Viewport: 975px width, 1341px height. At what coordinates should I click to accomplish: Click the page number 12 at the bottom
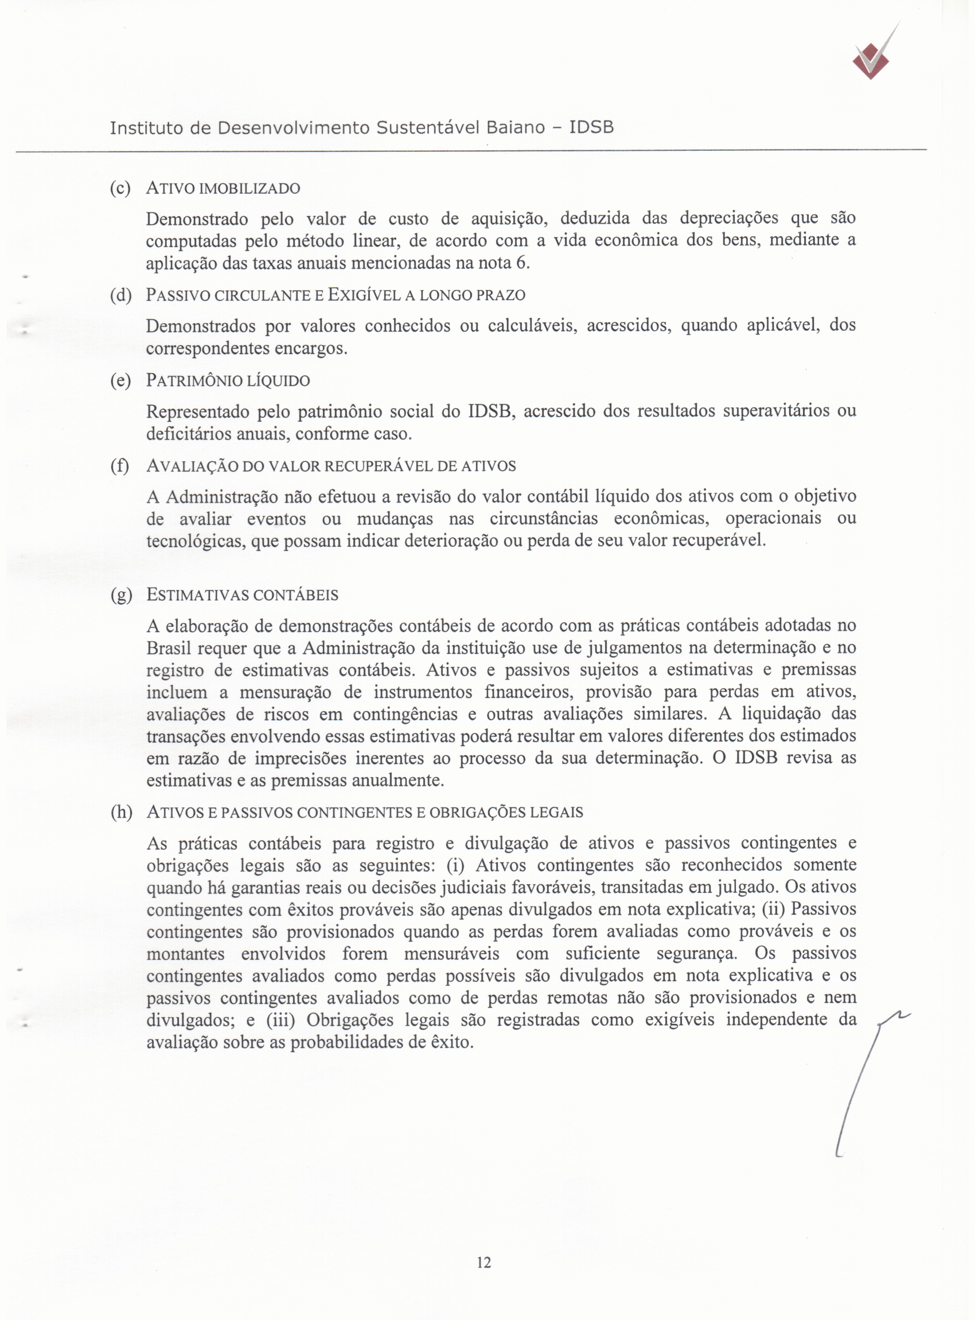tap(483, 1262)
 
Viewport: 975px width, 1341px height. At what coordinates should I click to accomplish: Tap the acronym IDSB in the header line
tap(591, 128)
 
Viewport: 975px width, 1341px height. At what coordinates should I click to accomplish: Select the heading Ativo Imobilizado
tap(223, 189)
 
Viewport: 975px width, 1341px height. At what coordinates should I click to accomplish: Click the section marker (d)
tap(120, 295)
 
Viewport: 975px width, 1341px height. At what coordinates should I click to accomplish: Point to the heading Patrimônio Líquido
tap(228, 380)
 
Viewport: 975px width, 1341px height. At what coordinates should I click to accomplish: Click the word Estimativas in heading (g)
tap(198, 595)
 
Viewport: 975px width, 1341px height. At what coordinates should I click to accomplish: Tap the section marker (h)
tap(121, 813)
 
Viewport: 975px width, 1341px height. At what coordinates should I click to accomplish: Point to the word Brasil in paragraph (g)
tap(168, 648)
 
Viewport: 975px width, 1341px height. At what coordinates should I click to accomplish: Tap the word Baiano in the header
tap(514, 128)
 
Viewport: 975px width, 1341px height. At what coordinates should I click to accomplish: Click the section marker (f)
tap(120, 466)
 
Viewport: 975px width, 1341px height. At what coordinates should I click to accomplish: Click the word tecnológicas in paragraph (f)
tap(195, 540)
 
